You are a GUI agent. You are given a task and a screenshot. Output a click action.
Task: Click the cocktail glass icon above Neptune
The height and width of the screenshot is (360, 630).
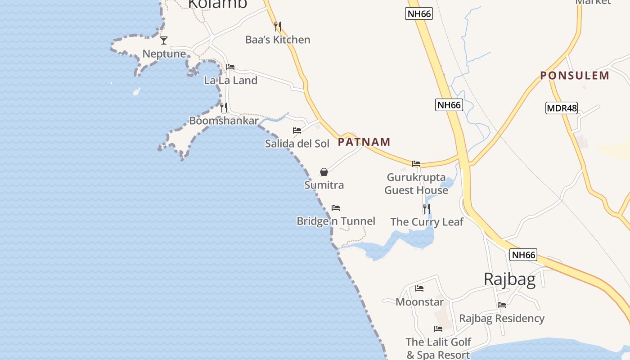click(164, 40)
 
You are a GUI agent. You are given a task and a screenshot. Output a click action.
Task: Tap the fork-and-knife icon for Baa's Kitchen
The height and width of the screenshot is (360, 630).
click(278, 27)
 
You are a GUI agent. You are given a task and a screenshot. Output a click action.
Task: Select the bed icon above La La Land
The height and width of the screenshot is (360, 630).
click(230, 67)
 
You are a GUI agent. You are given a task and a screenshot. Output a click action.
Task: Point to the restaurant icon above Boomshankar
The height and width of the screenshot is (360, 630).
click(224, 108)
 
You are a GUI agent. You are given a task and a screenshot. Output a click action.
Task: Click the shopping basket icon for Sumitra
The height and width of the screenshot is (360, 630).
click(324, 172)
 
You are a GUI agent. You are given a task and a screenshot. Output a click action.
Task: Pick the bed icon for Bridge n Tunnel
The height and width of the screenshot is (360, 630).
click(336, 208)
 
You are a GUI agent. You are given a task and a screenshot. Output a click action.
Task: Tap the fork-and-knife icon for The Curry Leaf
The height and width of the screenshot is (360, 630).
click(426, 209)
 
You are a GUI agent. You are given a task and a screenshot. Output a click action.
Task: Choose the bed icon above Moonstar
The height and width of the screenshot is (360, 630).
click(419, 288)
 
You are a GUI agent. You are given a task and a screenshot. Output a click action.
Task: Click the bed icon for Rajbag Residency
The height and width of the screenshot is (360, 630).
click(502, 305)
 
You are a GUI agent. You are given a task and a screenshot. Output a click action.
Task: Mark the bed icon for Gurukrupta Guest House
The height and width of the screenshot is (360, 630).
click(416, 164)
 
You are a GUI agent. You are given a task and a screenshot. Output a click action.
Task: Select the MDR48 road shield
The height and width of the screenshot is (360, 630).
click(561, 108)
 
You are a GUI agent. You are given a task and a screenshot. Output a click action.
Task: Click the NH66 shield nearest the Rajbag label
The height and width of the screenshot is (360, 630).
click(524, 255)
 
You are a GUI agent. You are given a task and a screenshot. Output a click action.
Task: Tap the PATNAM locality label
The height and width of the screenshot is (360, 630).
click(364, 142)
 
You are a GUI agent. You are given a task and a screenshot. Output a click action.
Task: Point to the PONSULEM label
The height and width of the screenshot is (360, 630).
click(575, 76)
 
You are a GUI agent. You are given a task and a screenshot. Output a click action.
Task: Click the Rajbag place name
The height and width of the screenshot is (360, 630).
click(509, 279)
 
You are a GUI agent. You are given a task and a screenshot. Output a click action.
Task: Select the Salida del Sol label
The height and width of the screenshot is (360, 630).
click(297, 144)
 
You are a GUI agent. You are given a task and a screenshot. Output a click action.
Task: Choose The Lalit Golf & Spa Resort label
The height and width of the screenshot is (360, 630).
click(438, 348)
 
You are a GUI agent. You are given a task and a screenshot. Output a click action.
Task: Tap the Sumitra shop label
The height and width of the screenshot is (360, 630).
click(324, 185)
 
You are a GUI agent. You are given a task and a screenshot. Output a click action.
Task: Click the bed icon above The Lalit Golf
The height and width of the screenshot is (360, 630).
click(438, 329)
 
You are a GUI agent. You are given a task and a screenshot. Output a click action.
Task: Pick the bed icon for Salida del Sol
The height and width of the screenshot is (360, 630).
click(297, 130)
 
